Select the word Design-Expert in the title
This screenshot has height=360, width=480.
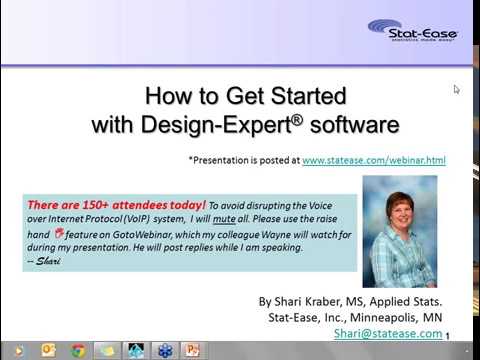click(217, 125)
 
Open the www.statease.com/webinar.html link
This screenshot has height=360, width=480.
click(373, 160)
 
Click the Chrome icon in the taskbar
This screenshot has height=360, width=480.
click(77, 351)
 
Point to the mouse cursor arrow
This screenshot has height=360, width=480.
click(456, 90)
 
